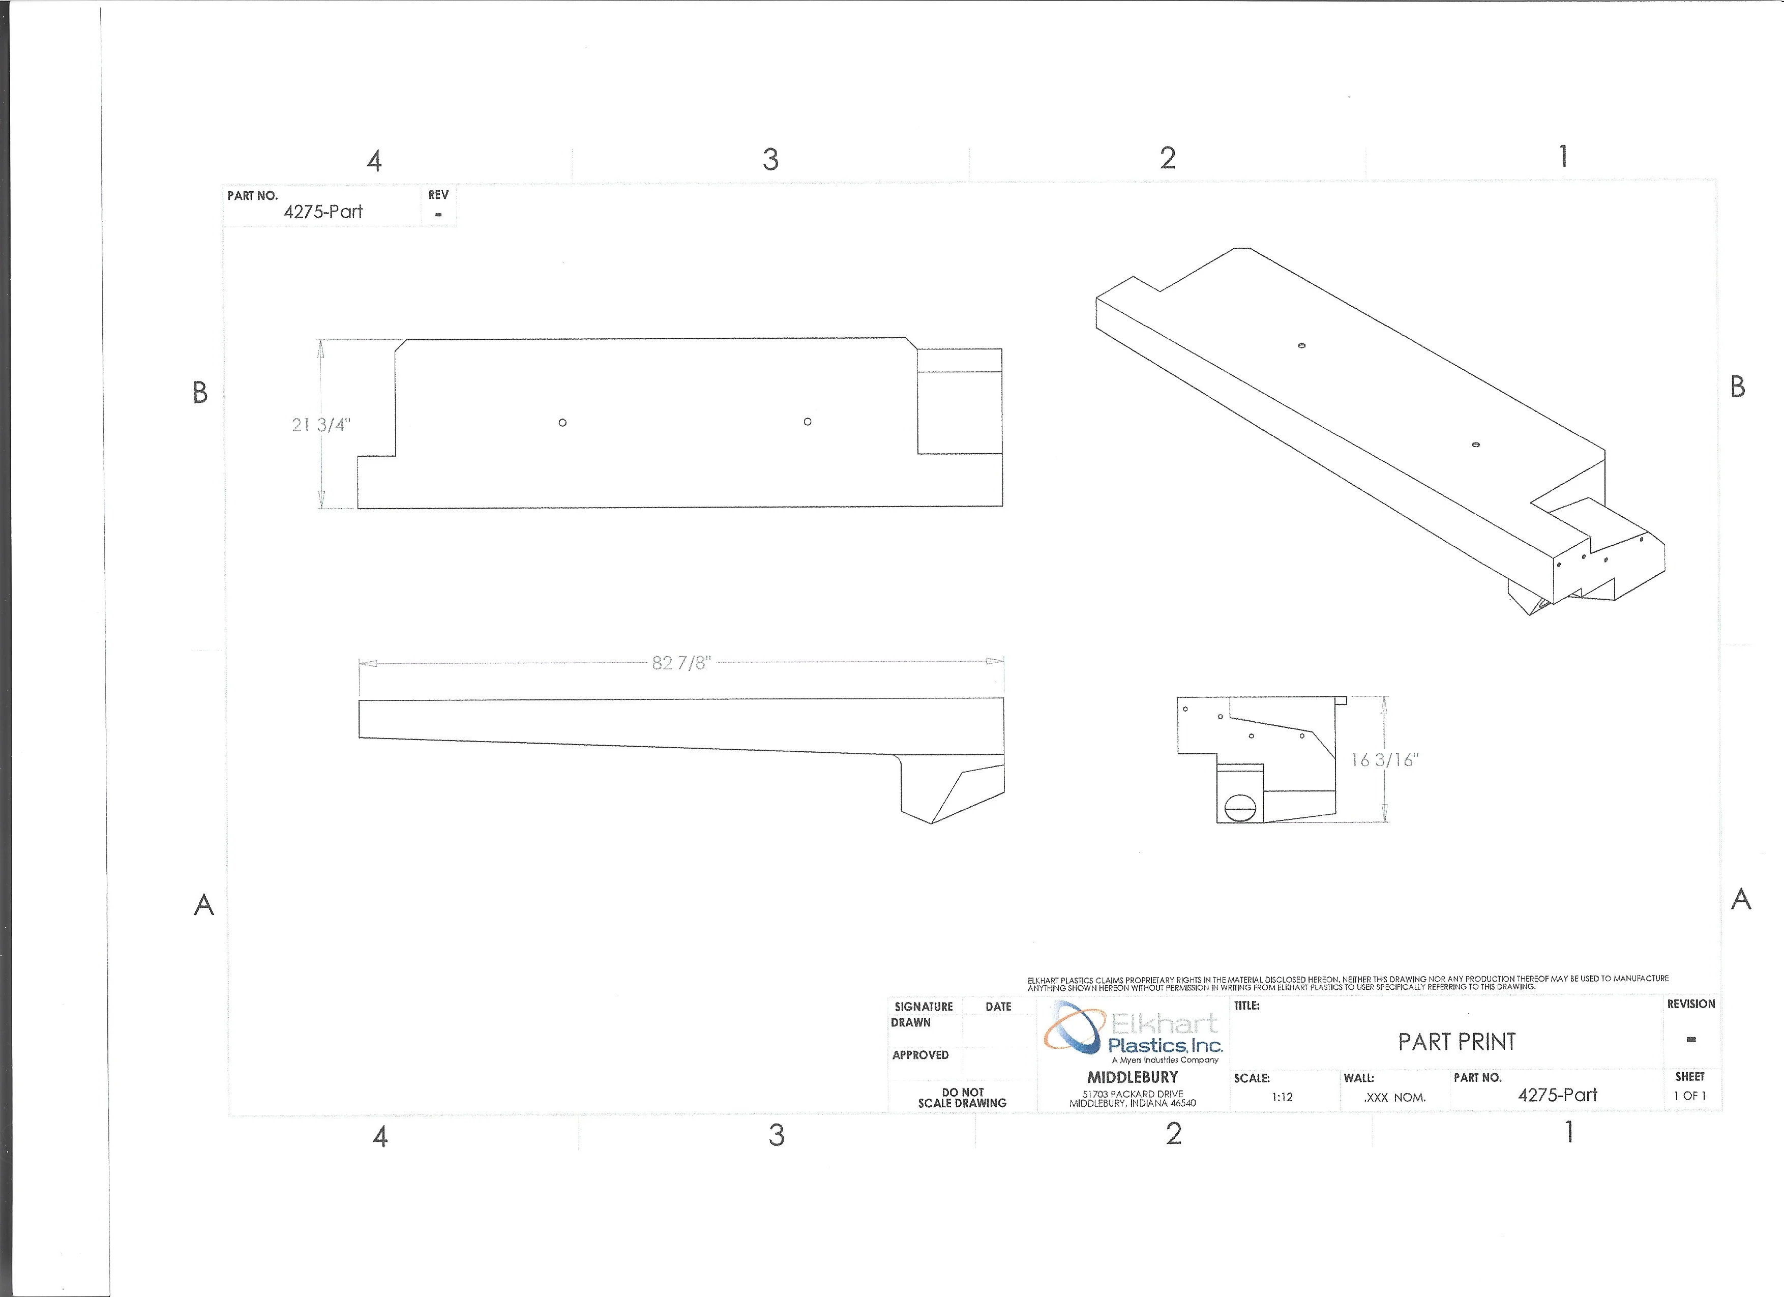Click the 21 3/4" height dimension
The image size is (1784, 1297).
(321, 425)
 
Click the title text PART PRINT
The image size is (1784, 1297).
(1457, 1042)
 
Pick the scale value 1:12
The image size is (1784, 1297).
(1282, 1097)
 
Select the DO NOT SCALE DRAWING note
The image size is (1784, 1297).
(962, 1098)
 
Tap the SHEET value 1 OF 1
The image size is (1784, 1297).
(1689, 1096)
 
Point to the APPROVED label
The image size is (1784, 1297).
(920, 1055)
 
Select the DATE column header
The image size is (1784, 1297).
(998, 1007)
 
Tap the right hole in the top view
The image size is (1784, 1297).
(808, 422)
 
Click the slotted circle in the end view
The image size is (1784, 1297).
(1240, 807)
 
